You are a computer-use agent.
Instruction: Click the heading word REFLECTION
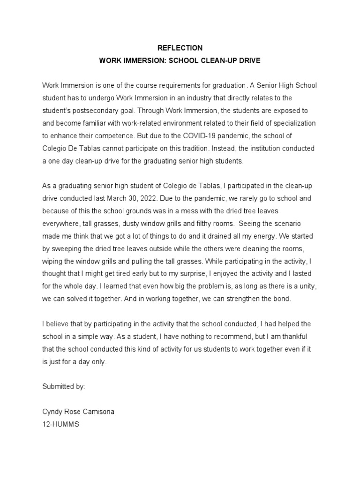click(180, 48)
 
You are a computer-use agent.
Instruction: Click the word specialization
click(294, 123)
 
